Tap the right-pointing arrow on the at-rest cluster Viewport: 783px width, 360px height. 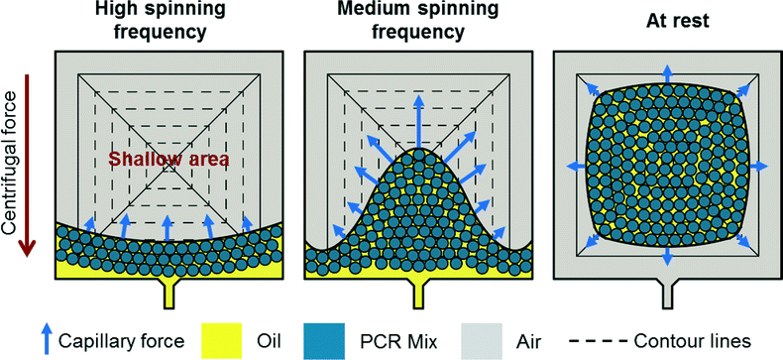click(x=763, y=165)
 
